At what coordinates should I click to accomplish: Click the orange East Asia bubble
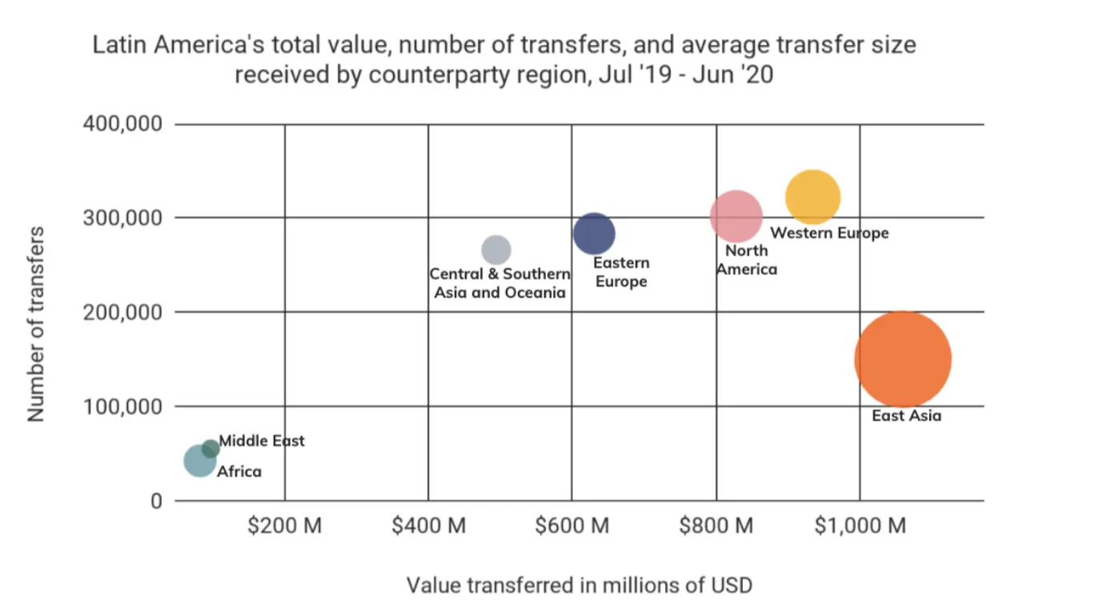[903, 360]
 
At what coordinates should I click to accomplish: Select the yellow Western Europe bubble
[812, 197]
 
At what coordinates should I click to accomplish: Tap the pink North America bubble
[736, 216]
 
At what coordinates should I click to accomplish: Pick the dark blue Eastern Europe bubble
[594, 234]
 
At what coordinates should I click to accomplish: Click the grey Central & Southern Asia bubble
[496, 250]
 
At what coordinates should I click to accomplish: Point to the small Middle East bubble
[211, 449]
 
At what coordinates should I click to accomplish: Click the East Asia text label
[906, 416]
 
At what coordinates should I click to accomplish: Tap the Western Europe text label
[829, 234]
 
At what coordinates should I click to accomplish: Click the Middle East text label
[262, 441]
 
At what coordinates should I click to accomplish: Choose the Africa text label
[239, 472]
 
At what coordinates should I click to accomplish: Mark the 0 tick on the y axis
[156, 501]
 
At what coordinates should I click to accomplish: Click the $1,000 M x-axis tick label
[860, 526]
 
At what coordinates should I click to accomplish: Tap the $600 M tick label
[572, 526]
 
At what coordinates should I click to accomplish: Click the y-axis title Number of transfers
[36, 323]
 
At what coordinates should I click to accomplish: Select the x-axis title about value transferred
[580, 585]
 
